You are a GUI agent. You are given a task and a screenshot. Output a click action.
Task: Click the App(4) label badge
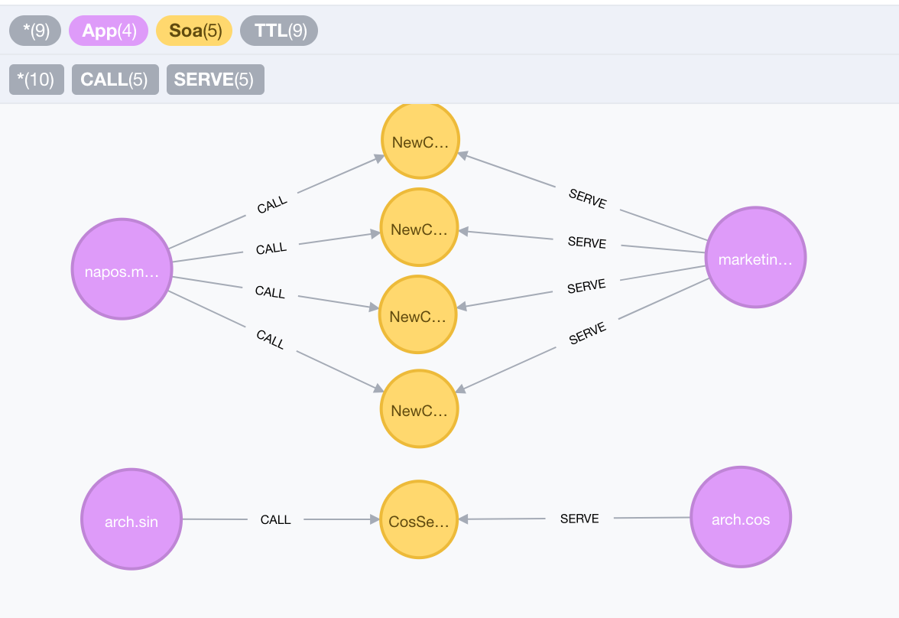pyautogui.click(x=109, y=31)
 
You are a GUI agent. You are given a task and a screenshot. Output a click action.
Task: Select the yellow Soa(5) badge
pyautogui.click(x=194, y=31)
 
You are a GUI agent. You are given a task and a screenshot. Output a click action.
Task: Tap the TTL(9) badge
pyautogui.click(x=279, y=31)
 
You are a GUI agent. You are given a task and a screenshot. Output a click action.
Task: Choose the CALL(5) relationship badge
pyautogui.click(x=115, y=80)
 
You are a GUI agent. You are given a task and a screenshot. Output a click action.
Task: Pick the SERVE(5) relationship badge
pyautogui.click(x=215, y=80)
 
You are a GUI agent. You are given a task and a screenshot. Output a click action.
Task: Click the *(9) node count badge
pyautogui.click(x=36, y=31)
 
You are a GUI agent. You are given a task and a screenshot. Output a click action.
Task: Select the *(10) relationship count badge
pyautogui.click(x=36, y=80)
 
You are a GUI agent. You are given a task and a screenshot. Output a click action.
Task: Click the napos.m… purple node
pyautogui.click(x=122, y=269)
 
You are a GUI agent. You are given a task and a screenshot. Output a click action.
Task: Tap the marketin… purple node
pyautogui.click(x=755, y=258)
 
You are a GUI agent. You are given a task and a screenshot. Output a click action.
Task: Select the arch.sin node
pyautogui.click(x=131, y=519)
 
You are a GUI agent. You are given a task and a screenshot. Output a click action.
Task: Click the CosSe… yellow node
pyautogui.click(x=419, y=519)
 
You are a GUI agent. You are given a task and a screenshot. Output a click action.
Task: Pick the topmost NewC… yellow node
pyautogui.click(x=420, y=141)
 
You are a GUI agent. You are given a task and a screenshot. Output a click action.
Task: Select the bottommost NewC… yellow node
pyautogui.click(x=419, y=409)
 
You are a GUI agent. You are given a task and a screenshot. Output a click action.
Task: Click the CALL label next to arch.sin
pyautogui.click(x=275, y=520)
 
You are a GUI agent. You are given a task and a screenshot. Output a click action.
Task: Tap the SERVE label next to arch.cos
pyautogui.click(x=579, y=519)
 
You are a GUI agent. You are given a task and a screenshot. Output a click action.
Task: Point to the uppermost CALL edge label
pyautogui.click(x=271, y=204)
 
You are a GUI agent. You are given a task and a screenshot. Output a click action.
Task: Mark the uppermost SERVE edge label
pyautogui.click(x=588, y=199)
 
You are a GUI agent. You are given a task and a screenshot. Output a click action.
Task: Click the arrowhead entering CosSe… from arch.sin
pyautogui.click(x=375, y=519)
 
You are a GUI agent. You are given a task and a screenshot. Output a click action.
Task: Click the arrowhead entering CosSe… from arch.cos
pyautogui.click(x=463, y=519)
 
